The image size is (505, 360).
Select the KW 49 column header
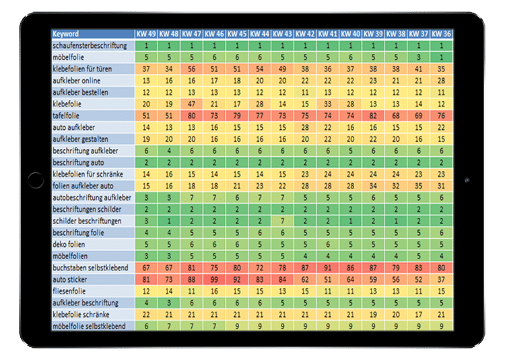(x=146, y=34)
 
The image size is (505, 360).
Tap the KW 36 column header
(x=441, y=34)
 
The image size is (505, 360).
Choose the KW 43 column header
(x=283, y=34)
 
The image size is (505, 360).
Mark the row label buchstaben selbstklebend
(x=91, y=267)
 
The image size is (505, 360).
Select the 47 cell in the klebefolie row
(x=192, y=104)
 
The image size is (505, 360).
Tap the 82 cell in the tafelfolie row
(x=373, y=115)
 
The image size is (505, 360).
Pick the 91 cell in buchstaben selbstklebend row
(x=328, y=267)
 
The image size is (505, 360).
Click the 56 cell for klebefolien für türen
(x=192, y=69)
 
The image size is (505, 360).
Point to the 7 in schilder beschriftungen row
(x=283, y=221)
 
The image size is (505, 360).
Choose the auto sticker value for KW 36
(x=441, y=279)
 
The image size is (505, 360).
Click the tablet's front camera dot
(x=466, y=180)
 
